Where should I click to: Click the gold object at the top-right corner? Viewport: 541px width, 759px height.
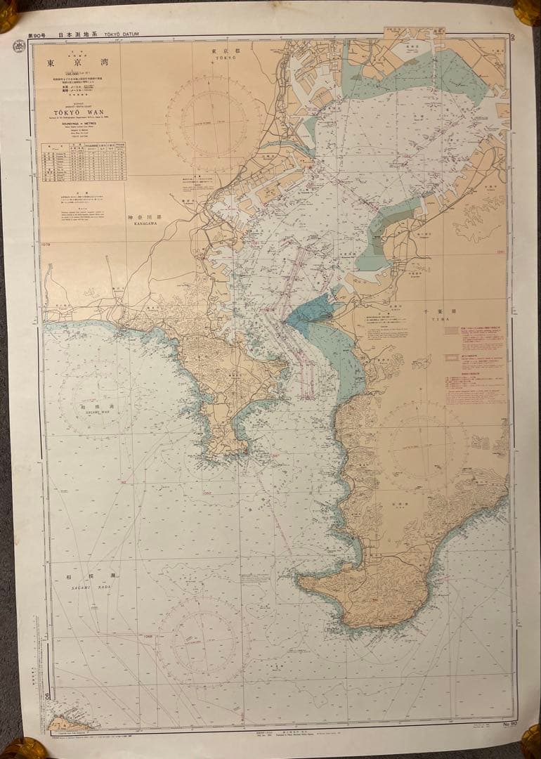tap(528, 11)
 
